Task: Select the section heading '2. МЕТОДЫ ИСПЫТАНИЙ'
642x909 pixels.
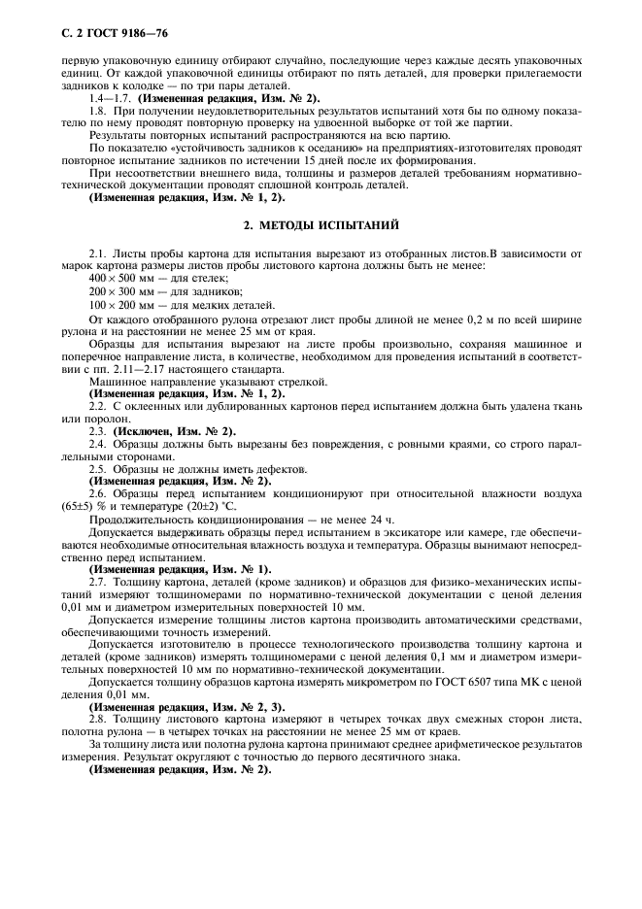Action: (320, 225)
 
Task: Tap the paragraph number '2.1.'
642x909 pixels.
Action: (98, 252)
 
